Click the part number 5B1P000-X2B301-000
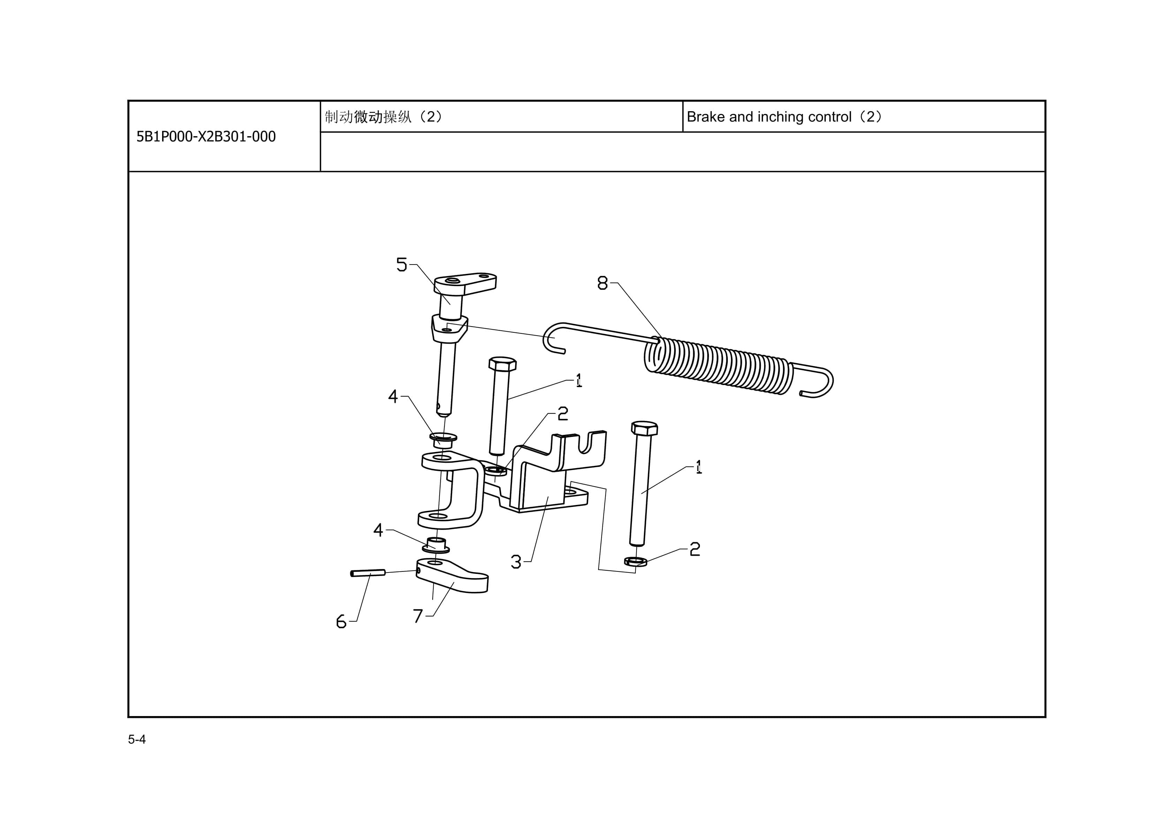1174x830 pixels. (x=206, y=137)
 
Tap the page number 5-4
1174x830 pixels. (x=137, y=739)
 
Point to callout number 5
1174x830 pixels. (x=402, y=265)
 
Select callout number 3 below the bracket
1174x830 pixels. (x=516, y=562)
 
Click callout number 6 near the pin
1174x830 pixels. (x=341, y=622)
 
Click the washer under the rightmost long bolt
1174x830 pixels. (x=635, y=562)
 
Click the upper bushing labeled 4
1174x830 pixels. (x=443, y=439)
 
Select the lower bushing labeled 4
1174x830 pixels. (x=436, y=545)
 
